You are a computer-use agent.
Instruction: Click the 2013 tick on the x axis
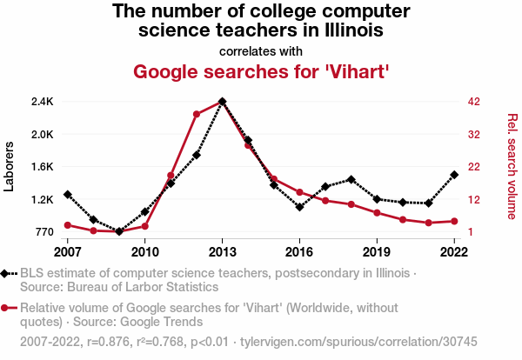[222, 251]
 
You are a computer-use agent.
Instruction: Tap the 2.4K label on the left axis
[42, 102]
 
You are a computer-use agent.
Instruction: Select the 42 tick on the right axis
[473, 102]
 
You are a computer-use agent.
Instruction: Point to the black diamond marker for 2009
[119, 231]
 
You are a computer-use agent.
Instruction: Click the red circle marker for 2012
[197, 114]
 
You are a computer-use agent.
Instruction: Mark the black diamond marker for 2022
[454, 175]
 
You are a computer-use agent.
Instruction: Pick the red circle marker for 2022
[454, 221]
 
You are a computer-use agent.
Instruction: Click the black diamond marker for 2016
[299, 207]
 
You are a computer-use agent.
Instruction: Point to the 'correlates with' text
[261, 50]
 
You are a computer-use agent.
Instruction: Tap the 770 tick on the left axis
[43, 232]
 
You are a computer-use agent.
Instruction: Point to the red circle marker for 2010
[145, 226]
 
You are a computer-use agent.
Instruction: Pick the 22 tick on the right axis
[473, 167]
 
